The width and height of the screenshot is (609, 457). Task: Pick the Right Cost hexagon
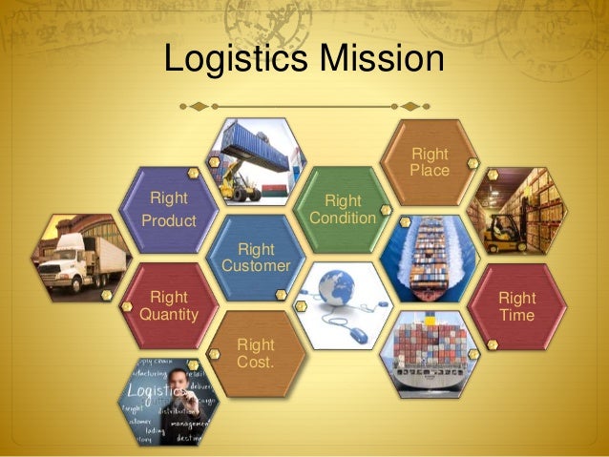[x=256, y=353]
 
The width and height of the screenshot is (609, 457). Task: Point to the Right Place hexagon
[x=429, y=162]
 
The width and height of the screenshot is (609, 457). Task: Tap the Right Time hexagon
[x=516, y=305]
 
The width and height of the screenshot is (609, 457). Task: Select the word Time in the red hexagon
[x=516, y=316]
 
